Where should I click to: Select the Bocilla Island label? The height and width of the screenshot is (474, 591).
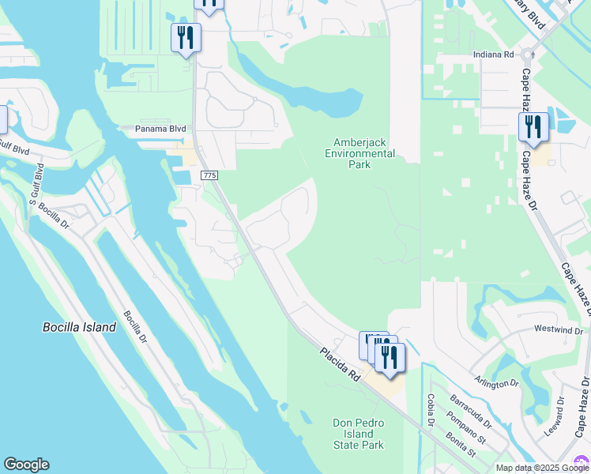click(79, 327)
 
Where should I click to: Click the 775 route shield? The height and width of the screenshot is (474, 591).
click(209, 175)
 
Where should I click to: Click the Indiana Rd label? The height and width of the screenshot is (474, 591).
click(494, 55)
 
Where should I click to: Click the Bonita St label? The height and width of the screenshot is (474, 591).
click(459, 445)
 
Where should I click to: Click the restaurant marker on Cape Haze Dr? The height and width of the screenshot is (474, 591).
click(533, 127)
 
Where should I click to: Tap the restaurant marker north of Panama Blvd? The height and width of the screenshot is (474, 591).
click(186, 38)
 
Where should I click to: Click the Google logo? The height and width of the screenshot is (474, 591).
click(26, 465)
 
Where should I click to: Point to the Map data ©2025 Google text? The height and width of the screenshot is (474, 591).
click(541, 468)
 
